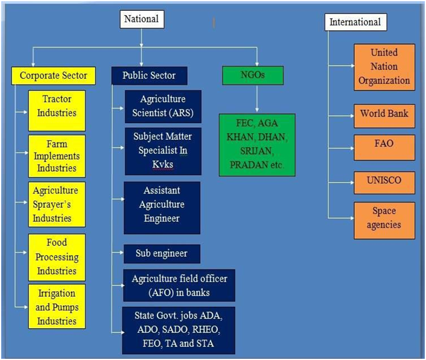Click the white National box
pyautogui.click(x=142, y=19)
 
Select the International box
pyautogui.click(x=355, y=22)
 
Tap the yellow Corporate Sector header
pyautogui.click(x=54, y=75)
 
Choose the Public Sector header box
pyautogui.click(x=149, y=75)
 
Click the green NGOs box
pyautogui.click(x=253, y=75)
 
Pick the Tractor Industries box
pyautogui.click(x=57, y=111)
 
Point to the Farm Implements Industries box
pyautogui.click(x=57, y=156)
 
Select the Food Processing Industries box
pyautogui.click(x=57, y=257)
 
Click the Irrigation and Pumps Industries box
pyautogui.click(x=57, y=306)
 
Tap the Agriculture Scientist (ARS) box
pyautogui.click(x=163, y=106)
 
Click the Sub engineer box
pyautogui.click(x=162, y=254)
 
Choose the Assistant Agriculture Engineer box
pyautogui.click(x=162, y=207)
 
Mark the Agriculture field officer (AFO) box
pyautogui.click(x=179, y=285)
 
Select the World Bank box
pyautogui.click(x=384, y=116)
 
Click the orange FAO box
pyautogui.click(x=384, y=147)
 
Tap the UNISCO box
pyautogui.click(x=384, y=183)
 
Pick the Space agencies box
pyautogui.click(x=384, y=221)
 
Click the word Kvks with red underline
pyautogui.click(x=163, y=165)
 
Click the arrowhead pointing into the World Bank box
pyautogui.click(x=352, y=116)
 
